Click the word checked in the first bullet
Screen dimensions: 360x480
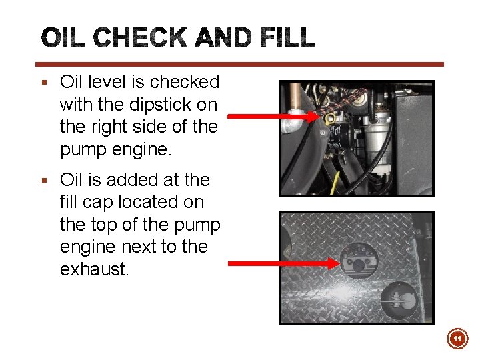pyautogui.click(x=184, y=82)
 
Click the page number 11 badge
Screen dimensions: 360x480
pyautogui.click(x=457, y=340)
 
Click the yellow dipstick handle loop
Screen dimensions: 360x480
pyautogui.click(x=330, y=119)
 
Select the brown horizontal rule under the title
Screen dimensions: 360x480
pyautogui.click(x=240, y=65)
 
